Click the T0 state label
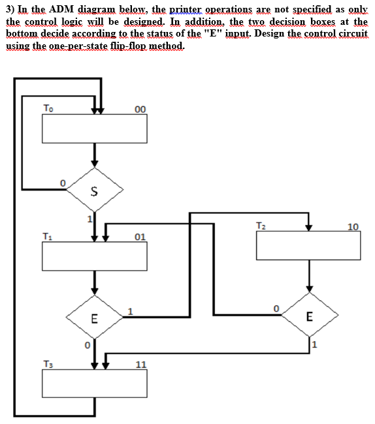(49, 108)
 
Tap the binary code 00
(139, 109)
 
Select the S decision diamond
(94, 190)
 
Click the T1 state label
(48, 235)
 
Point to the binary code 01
(139, 236)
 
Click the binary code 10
(353, 227)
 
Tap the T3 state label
(48, 364)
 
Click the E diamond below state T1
(94, 319)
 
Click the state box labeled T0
(94, 129)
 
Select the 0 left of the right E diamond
(277, 306)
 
